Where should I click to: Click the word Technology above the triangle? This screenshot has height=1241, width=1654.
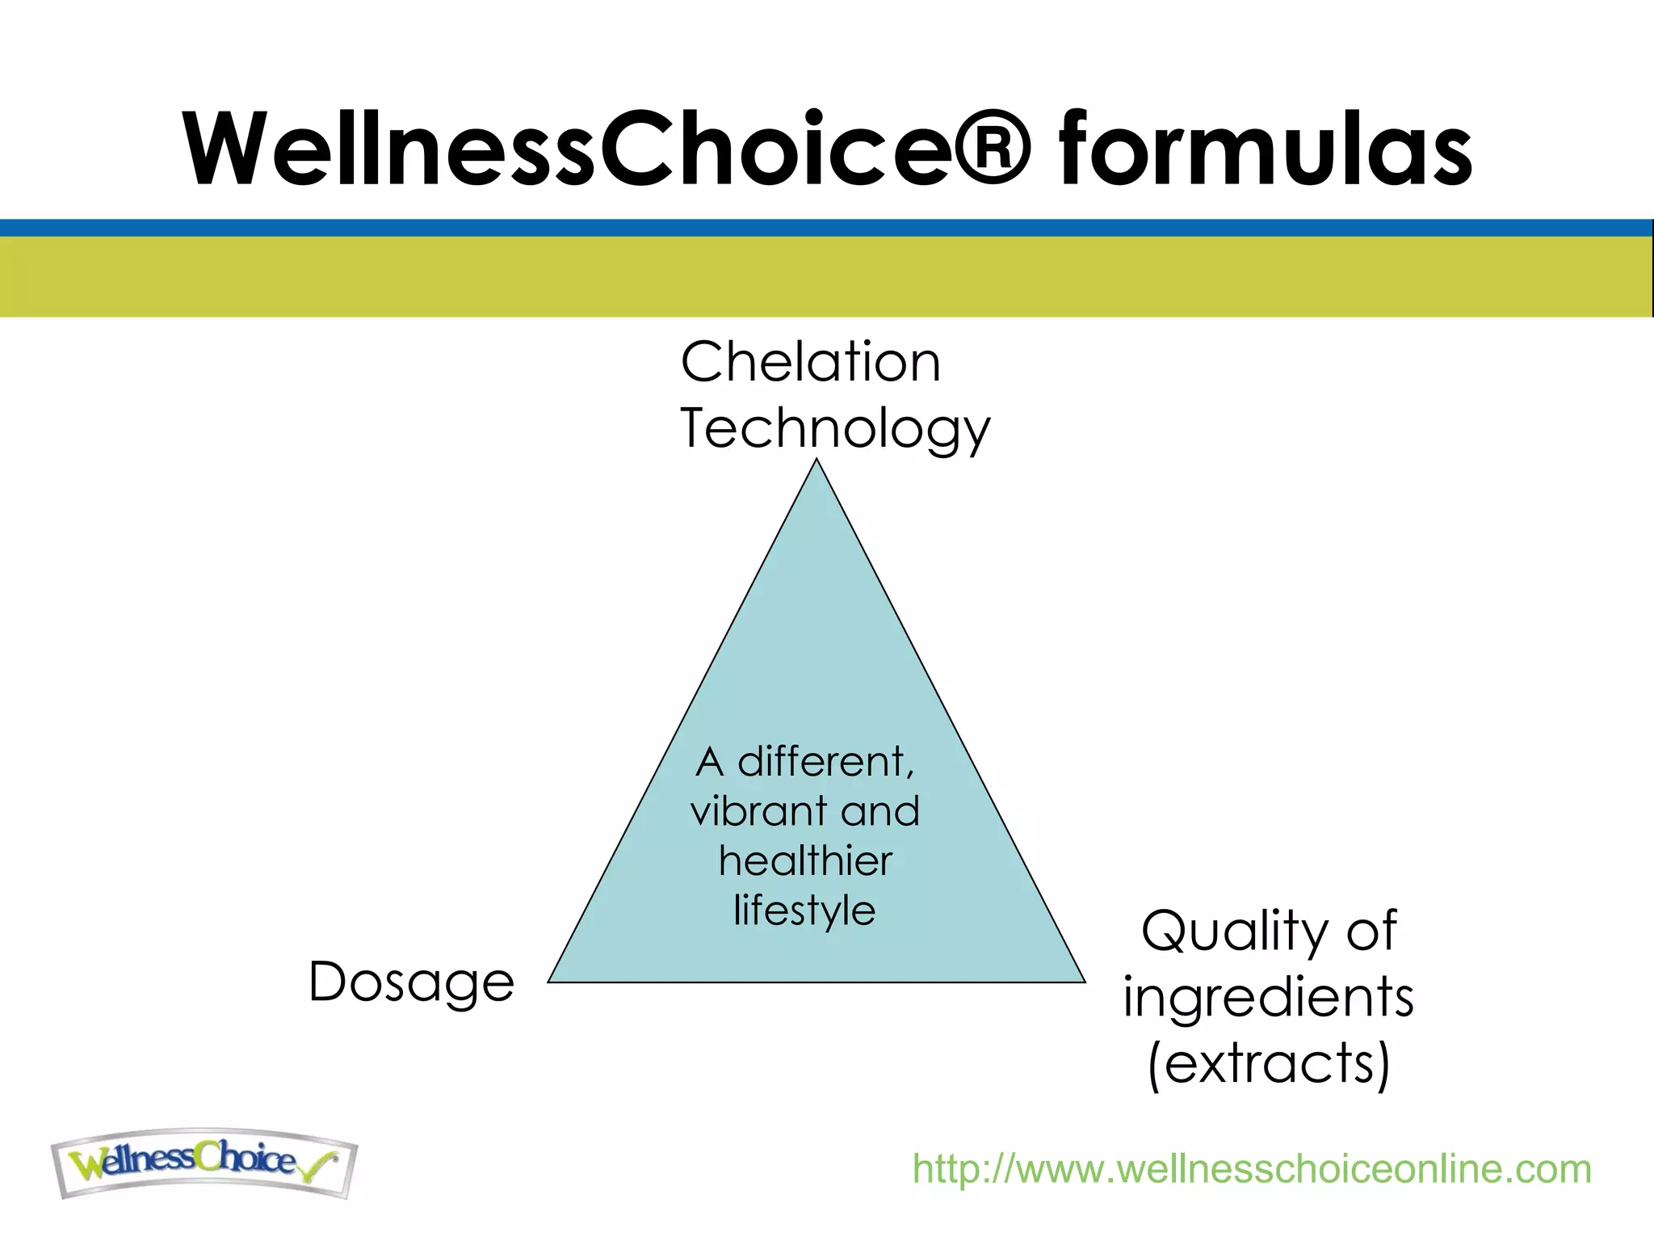(835, 429)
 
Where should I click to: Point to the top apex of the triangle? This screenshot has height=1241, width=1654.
(817, 461)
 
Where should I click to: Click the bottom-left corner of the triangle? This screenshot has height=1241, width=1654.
(550, 981)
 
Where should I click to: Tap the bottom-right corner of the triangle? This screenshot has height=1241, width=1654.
(1084, 981)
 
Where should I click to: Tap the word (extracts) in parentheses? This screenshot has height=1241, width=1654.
(1269, 1063)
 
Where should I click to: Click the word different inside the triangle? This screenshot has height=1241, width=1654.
(825, 761)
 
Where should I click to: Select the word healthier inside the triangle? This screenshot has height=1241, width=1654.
(805, 860)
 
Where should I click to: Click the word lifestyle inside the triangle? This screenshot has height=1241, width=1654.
(804, 911)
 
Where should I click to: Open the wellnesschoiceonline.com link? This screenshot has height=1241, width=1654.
(1251, 1169)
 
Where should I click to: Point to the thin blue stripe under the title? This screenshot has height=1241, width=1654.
(827, 228)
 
